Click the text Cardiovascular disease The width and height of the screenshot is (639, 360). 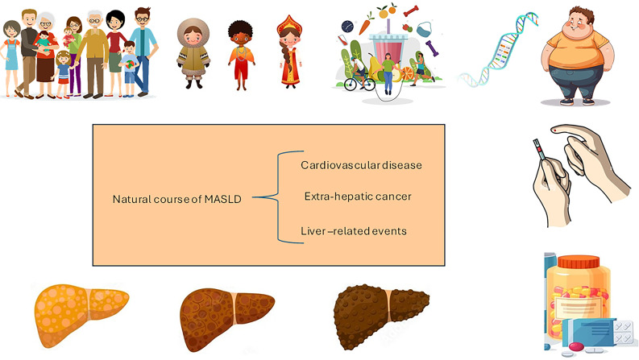coord(361,165)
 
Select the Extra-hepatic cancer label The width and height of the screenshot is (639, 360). coord(358,197)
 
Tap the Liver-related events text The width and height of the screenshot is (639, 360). coord(354,231)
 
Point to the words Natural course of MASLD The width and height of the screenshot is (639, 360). coord(176,199)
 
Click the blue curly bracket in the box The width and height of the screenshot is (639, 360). coord(279,197)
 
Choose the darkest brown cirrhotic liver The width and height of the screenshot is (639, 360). coord(380,316)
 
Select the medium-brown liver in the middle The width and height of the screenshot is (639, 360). coord(227,318)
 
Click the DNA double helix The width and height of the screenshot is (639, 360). coord(498,51)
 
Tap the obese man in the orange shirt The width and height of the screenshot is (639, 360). coord(577,56)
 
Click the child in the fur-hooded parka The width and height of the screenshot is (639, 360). coord(193,53)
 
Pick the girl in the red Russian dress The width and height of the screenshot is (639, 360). coord(290,52)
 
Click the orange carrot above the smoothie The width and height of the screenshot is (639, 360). coord(365,23)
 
